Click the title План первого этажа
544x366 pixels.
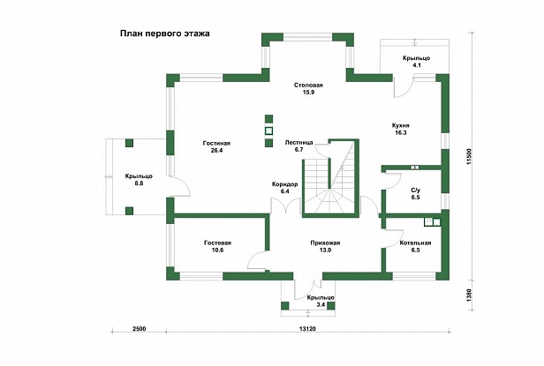(165, 34)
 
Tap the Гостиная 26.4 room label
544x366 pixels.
(217, 146)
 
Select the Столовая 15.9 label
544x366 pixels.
(308, 89)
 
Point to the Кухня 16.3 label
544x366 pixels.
(400, 129)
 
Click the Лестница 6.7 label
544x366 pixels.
(298, 146)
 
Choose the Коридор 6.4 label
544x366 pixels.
(285, 188)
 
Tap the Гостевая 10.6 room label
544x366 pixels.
(217, 246)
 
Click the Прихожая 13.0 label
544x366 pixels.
(325, 246)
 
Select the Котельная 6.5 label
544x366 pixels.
(415, 246)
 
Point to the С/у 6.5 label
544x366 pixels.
(415, 193)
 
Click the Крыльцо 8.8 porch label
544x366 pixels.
(139, 180)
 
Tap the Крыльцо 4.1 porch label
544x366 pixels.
(416, 62)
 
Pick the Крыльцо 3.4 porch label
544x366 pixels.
(321, 302)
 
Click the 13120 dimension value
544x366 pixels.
(307, 329)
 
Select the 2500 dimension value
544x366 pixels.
(140, 329)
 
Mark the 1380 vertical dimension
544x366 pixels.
(470, 295)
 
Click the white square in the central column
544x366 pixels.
(268, 131)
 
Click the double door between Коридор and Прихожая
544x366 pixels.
(285, 205)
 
